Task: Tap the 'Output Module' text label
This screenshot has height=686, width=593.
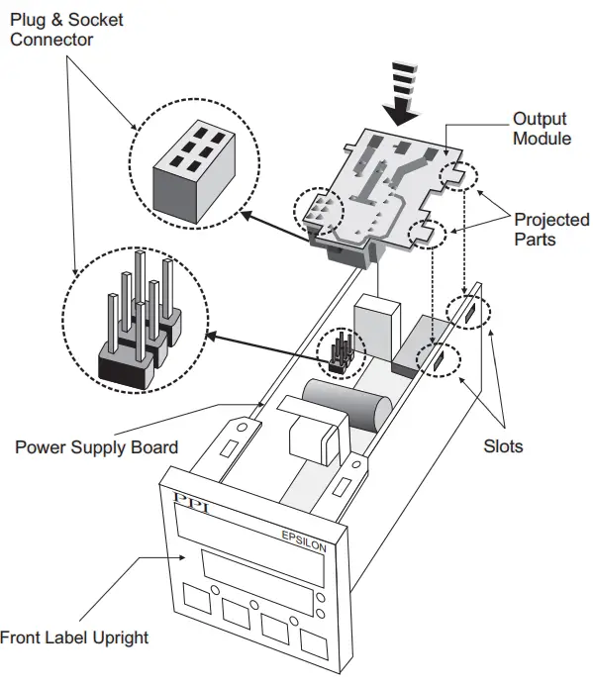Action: pos(541,129)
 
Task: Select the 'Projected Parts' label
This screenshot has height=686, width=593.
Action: pos(550,229)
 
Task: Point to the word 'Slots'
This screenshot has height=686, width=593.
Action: pos(503,446)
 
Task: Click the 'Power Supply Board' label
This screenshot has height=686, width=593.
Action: pos(96,446)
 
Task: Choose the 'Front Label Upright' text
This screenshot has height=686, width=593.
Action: pos(74,637)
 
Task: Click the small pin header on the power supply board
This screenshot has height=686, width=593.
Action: pos(340,352)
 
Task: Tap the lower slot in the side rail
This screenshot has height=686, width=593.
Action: pos(436,363)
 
